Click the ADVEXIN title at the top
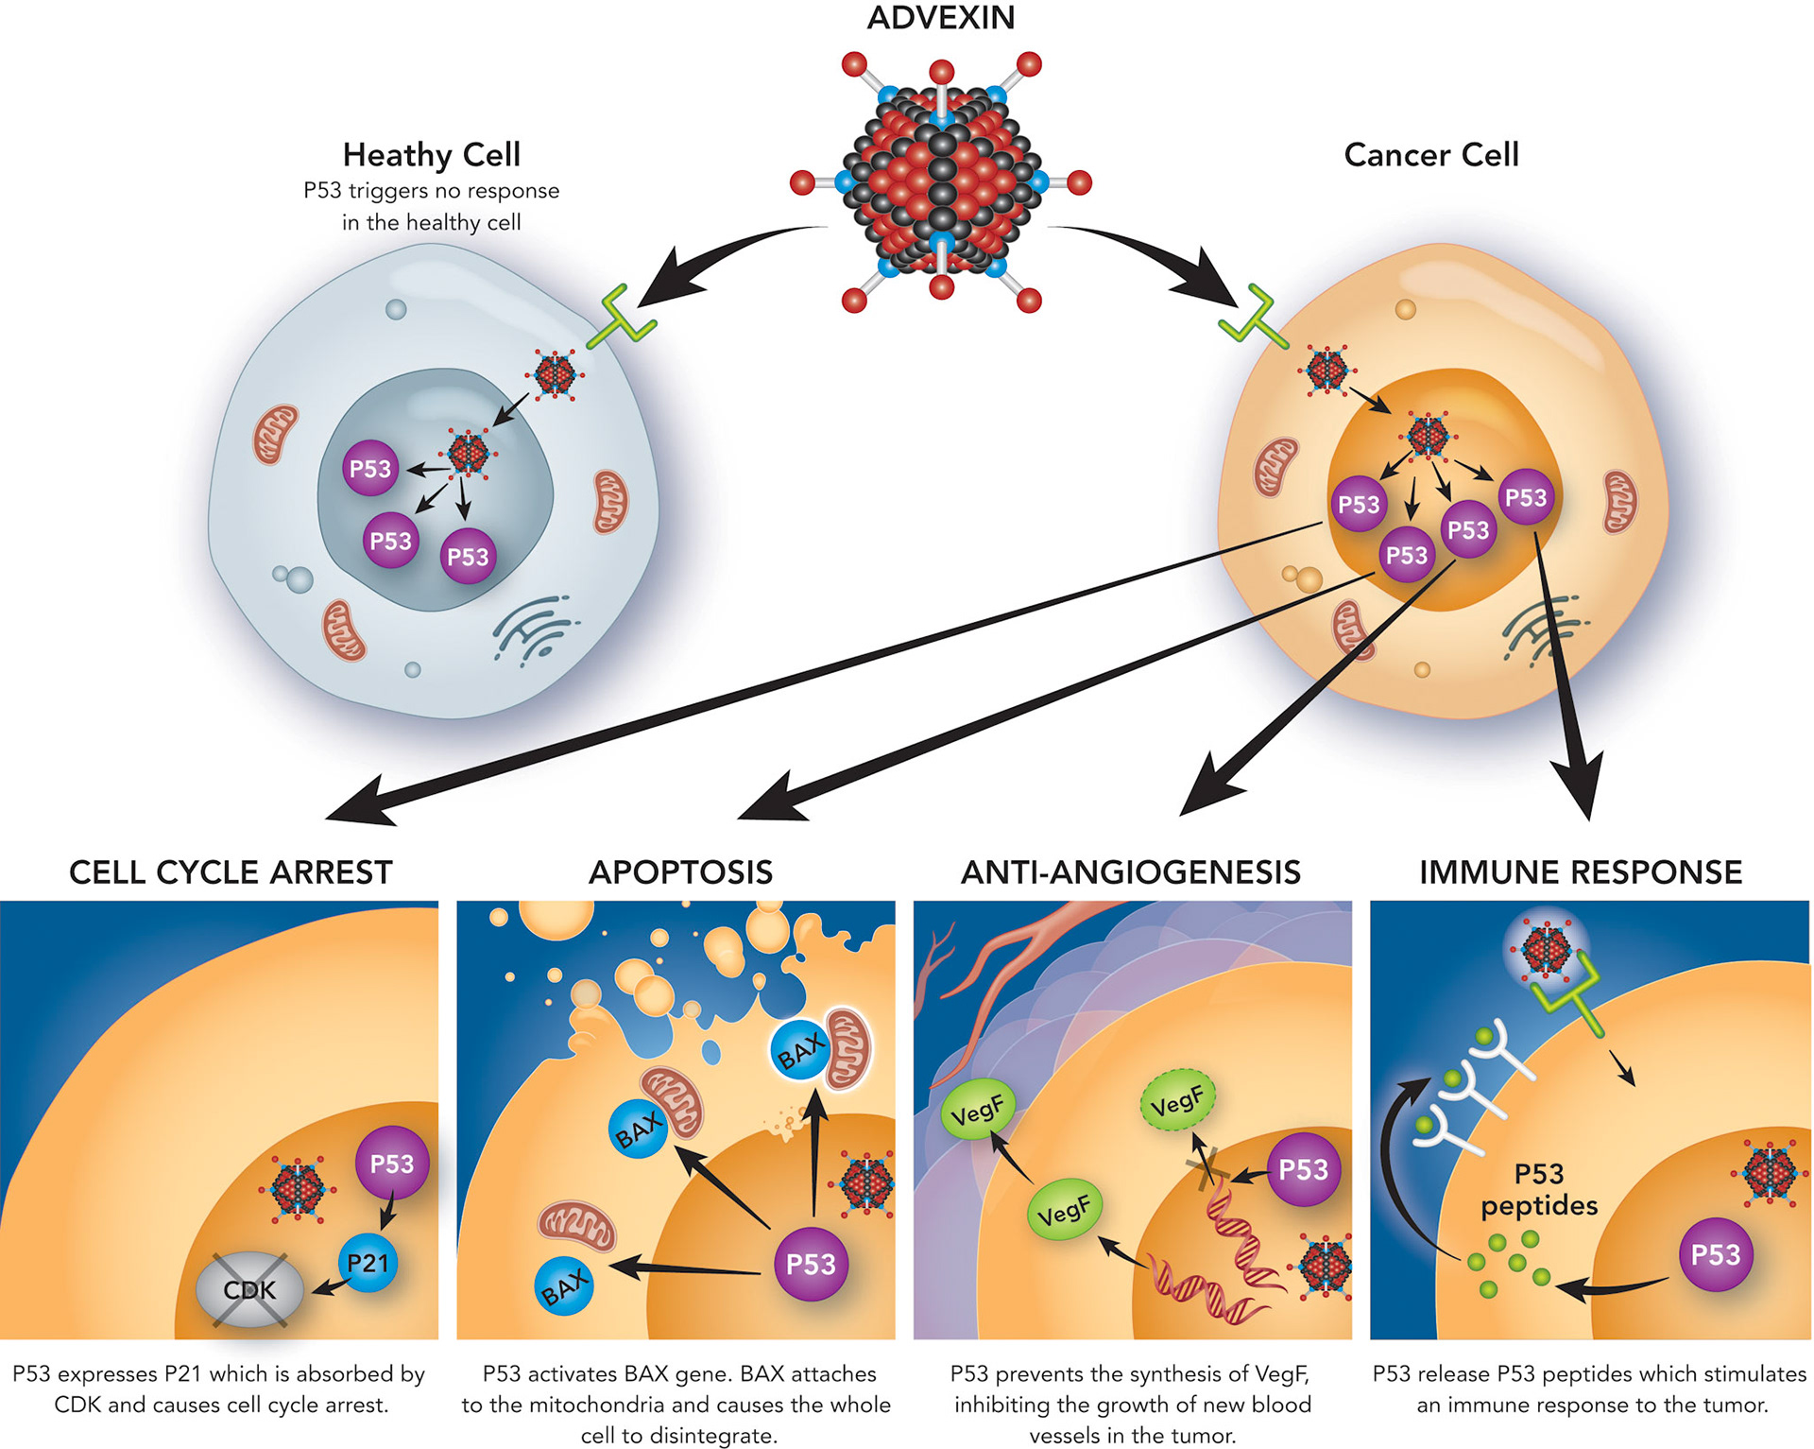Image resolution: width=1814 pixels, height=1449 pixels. coord(941,18)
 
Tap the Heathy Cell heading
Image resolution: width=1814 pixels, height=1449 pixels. coord(431,154)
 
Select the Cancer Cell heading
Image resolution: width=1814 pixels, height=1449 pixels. coord(1430,154)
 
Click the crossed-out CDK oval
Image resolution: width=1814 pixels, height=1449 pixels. coord(249,1289)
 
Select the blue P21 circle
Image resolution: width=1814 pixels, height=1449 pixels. coord(368,1263)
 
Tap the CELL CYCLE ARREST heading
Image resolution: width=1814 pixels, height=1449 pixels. coord(231,871)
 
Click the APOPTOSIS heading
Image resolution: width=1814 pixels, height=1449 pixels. coord(680,871)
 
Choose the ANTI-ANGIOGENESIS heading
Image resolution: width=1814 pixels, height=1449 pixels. coord(1130,871)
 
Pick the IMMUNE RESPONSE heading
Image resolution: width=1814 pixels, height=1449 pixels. coord(1581,871)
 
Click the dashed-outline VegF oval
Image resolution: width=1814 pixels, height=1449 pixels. coord(1177,1100)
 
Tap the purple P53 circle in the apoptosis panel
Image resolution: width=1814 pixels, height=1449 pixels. coord(811,1264)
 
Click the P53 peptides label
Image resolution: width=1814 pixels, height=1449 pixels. coord(1539,1189)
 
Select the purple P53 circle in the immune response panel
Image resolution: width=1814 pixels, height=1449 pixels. coord(1716,1254)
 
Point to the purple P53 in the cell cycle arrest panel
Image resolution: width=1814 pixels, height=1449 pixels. coord(391,1164)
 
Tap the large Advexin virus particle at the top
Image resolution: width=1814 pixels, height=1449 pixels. coord(941,181)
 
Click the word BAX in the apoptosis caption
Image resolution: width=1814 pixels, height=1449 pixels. coord(648,1373)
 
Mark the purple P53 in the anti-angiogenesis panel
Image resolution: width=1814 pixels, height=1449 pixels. coord(1303,1169)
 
